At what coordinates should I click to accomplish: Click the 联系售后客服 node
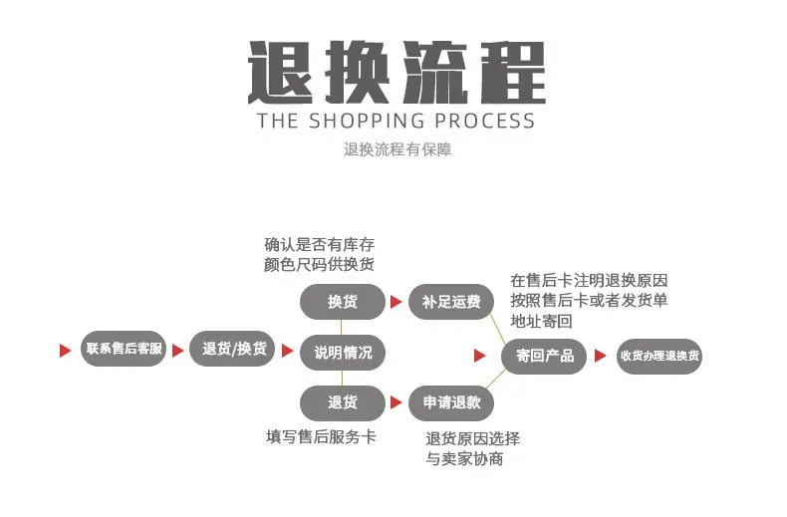tap(124, 349)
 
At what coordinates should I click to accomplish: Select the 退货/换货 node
tap(232, 349)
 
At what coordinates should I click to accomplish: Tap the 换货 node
tap(343, 302)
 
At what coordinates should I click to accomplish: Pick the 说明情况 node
tap(343, 353)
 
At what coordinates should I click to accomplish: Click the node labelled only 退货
tap(343, 402)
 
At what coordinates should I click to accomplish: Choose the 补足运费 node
tap(451, 302)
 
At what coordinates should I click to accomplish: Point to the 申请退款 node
tap(451, 402)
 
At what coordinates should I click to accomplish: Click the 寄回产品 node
tap(544, 356)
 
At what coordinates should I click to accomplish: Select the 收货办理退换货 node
tap(659, 356)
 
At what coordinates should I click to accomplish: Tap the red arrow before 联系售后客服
tap(65, 351)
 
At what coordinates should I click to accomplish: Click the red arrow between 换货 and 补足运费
tap(396, 302)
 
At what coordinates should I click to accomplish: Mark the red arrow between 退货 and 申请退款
tap(396, 402)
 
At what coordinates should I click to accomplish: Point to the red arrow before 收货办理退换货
tap(600, 356)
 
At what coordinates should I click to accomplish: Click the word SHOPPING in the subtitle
tap(367, 121)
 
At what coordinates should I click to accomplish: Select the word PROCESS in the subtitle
tap(485, 121)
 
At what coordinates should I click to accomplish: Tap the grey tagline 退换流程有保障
tap(397, 149)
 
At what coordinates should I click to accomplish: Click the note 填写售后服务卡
tap(321, 436)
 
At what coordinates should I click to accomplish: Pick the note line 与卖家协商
tap(464, 458)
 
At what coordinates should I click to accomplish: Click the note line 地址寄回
tap(541, 321)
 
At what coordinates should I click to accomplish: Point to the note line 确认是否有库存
tap(319, 244)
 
